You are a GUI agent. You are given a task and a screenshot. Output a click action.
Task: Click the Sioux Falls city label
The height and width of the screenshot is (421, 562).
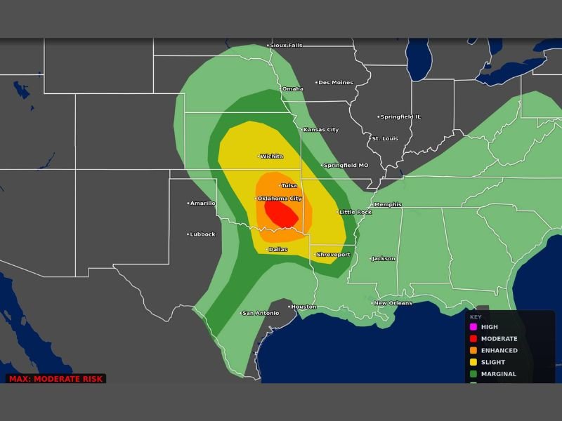coord(286,46)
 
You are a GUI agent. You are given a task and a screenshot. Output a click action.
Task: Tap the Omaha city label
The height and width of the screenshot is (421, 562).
coord(293,89)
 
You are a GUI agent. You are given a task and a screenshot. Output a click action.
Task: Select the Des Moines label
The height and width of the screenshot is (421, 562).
coord(336,83)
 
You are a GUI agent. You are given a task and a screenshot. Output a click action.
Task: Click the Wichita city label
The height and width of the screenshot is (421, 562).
coord(272,156)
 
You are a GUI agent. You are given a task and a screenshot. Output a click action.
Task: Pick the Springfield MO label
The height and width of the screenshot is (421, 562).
coord(345,166)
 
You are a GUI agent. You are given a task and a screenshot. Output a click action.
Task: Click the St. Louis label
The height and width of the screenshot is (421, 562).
coord(384,139)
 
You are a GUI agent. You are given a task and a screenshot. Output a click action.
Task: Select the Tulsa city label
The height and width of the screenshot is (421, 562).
coord(289,185)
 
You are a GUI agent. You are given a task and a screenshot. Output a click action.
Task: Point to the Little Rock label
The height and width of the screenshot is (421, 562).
coord(355,212)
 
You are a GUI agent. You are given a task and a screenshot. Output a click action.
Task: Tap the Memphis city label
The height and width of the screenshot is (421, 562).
coord(388,205)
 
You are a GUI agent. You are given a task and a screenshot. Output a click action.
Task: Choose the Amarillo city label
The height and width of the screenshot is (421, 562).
coord(203,203)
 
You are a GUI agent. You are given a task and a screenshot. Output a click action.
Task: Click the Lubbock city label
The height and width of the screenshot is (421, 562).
coord(202,234)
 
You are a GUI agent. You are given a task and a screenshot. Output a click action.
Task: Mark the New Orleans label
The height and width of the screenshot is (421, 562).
coord(393,303)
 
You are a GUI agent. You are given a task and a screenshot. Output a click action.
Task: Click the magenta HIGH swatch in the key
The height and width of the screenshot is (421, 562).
coord(473,327)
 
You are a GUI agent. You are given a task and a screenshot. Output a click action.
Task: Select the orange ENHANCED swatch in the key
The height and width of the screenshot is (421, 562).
coord(473,350)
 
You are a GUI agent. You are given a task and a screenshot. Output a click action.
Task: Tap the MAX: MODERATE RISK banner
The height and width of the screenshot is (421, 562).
coord(56,379)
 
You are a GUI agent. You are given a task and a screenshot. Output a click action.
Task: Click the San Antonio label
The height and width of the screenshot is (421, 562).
coord(260,313)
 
